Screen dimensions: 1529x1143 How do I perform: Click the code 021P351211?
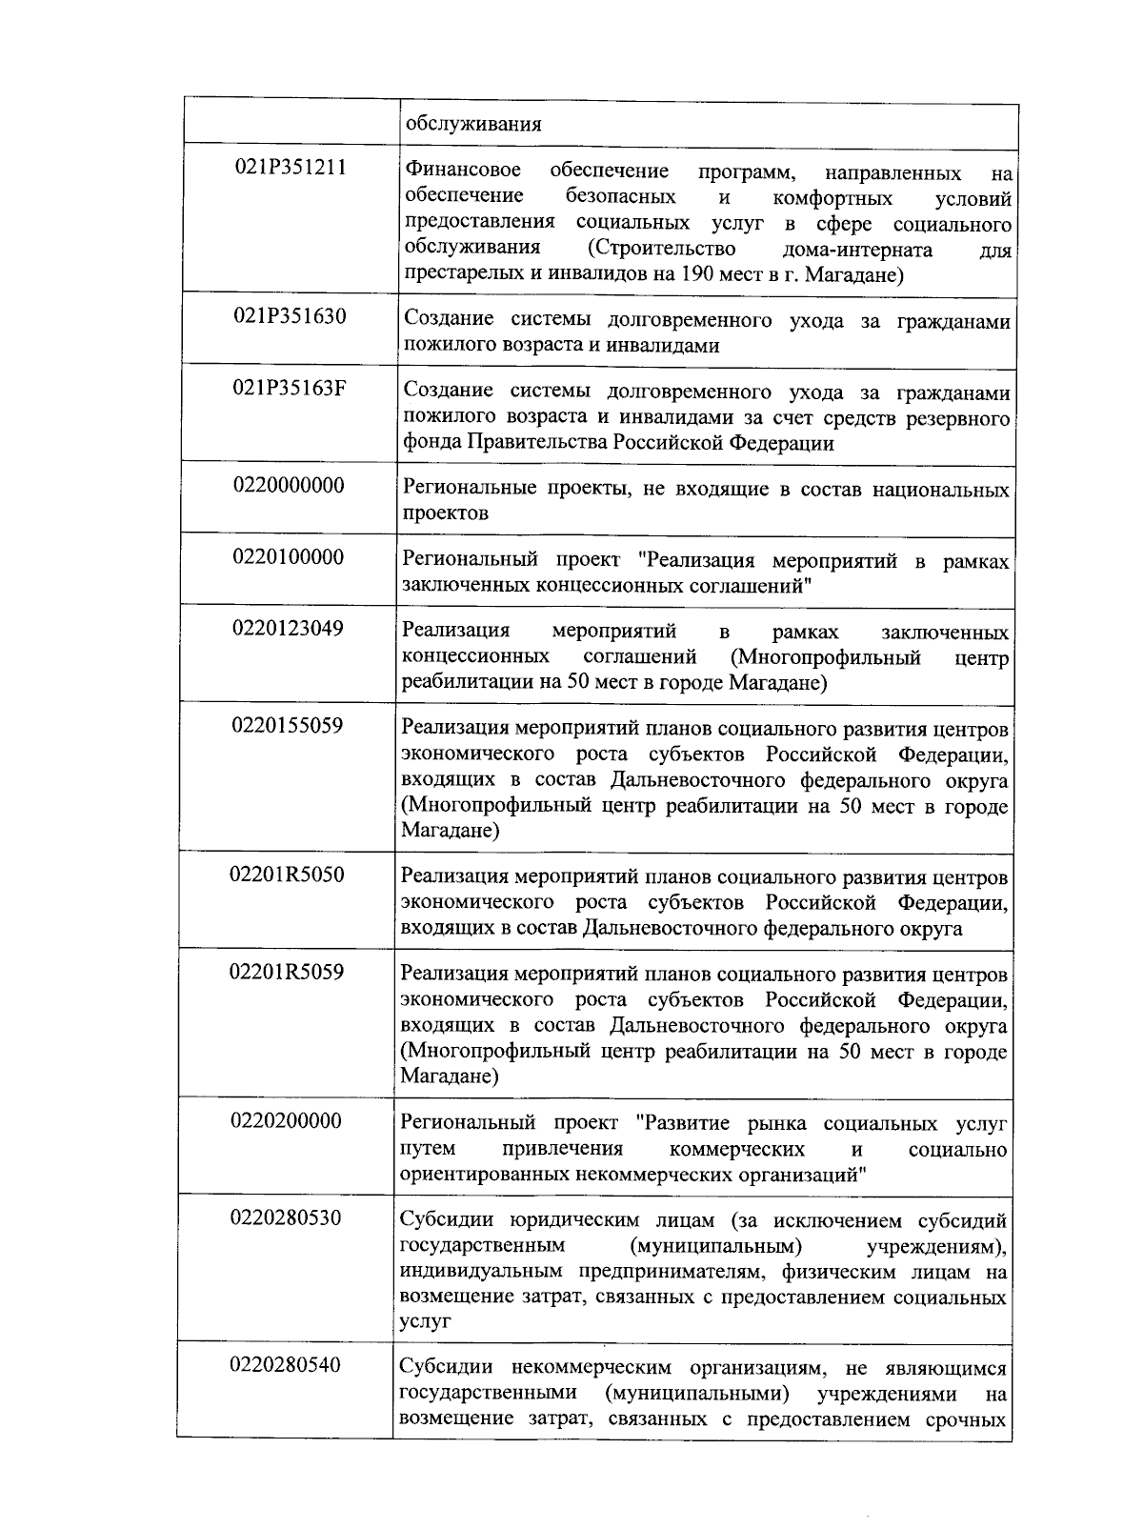coord(291,168)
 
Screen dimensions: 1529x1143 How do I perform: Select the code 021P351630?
coord(291,316)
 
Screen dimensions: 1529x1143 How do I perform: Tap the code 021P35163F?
coord(291,389)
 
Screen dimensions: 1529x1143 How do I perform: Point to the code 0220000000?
coord(289,485)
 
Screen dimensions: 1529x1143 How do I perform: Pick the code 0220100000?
coord(289,556)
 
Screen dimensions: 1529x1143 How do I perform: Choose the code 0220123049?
coord(289,628)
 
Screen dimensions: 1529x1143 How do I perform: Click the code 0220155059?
coord(288,726)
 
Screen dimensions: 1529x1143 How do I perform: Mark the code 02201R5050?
coord(288,875)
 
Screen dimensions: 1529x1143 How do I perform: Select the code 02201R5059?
coord(288,973)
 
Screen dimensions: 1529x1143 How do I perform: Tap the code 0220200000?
coord(287,1120)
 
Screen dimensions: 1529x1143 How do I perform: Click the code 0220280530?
coord(287,1217)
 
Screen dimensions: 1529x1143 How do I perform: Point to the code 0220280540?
coord(287,1365)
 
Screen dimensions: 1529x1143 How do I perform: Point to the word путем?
coord(428,1149)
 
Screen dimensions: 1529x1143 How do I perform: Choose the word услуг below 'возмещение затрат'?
coord(425,1322)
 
